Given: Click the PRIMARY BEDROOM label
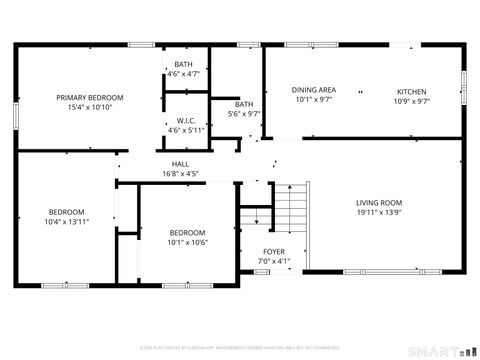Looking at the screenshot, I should tap(90, 97).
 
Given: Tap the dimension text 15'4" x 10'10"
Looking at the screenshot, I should tap(90, 107).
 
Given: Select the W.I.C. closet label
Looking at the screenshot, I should tap(184, 120).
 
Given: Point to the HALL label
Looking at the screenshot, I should tap(180, 164).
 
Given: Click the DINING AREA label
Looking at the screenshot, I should tap(314, 90).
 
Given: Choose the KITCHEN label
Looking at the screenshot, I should tap(411, 90).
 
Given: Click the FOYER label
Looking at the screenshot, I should tap(273, 251).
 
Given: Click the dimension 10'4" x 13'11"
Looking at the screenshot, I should tap(67, 221).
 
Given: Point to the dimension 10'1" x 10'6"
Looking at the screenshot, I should tap(187, 242).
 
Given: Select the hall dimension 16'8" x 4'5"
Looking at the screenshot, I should tap(180, 174).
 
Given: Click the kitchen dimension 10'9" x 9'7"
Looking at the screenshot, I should tap(411, 100).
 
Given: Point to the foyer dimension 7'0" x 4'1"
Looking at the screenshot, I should tap(273, 261).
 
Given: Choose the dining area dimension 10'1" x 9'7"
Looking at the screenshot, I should tap(314, 100).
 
